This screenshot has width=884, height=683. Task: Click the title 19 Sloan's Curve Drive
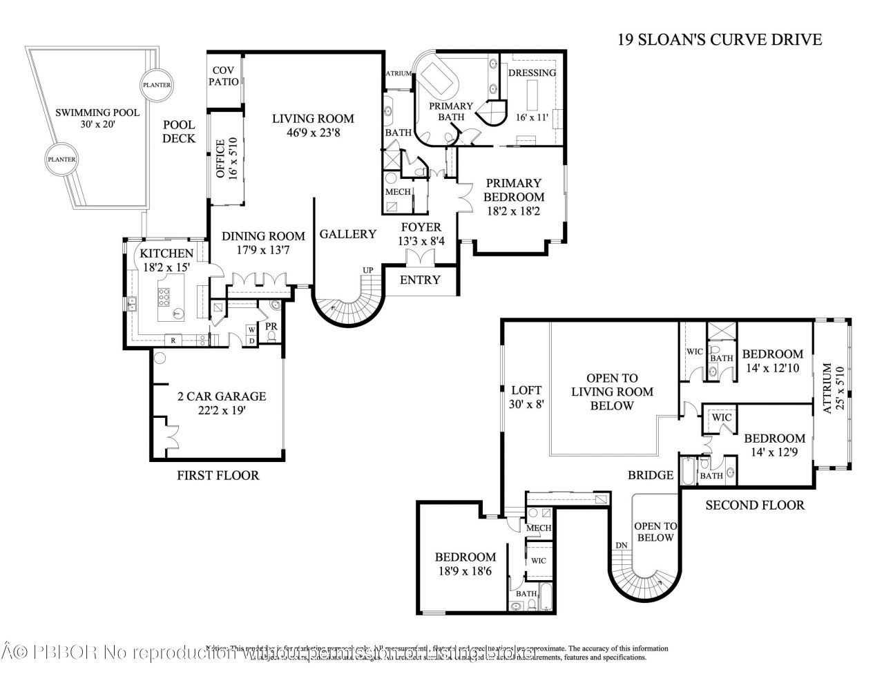[720, 39]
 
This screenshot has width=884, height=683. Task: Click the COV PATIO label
[225, 76]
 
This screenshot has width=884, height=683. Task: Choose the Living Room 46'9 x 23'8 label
[312, 125]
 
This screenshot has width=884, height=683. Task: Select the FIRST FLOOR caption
[218, 475]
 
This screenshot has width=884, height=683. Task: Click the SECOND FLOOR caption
[754, 505]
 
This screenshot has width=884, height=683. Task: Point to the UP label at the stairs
[369, 269]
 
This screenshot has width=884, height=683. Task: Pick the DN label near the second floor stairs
[621, 545]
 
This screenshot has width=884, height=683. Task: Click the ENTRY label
[420, 280]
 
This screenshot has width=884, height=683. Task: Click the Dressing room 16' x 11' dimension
[532, 117]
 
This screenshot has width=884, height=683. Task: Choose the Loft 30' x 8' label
[526, 397]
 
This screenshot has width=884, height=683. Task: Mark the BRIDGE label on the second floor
[650, 475]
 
